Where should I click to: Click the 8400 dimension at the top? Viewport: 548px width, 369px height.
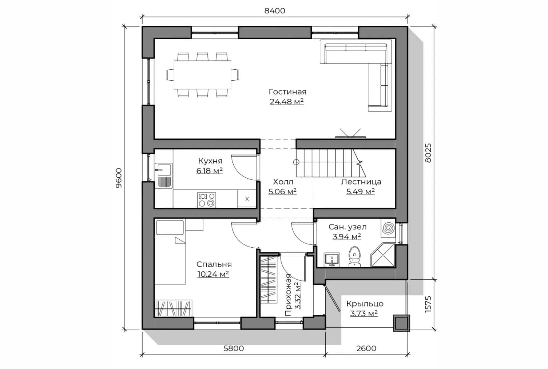pos(275,11)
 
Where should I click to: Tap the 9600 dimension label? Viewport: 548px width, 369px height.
pos(119,178)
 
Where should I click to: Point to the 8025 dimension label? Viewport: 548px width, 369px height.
pos(428,153)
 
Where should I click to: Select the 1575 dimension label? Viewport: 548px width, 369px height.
pos(428,304)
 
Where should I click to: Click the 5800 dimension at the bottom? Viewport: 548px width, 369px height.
pos(234,349)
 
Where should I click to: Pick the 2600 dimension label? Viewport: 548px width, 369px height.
pos(366,349)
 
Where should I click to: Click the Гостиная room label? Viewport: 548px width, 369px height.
pos(287,92)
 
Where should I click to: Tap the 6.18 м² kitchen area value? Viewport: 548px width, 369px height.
pos(210,171)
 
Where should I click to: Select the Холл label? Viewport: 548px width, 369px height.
pos(283,182)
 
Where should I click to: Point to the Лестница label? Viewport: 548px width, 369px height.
pos(361,182)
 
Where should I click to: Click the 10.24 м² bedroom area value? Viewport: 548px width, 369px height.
pos(213,274)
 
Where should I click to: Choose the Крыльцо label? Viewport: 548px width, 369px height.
pos(365,304)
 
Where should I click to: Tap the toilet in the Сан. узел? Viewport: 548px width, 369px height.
pos(354,257)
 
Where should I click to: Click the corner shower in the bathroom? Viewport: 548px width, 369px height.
pos(383,255)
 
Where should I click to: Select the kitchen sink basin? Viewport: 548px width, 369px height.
pos(164,170)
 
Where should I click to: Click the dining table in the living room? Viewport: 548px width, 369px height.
pos(202,75)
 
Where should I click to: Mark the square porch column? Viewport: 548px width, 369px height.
pos(401,323)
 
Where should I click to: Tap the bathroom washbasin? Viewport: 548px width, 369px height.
pos(332,260)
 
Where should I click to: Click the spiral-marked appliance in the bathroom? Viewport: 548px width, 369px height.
pos(388,228)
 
